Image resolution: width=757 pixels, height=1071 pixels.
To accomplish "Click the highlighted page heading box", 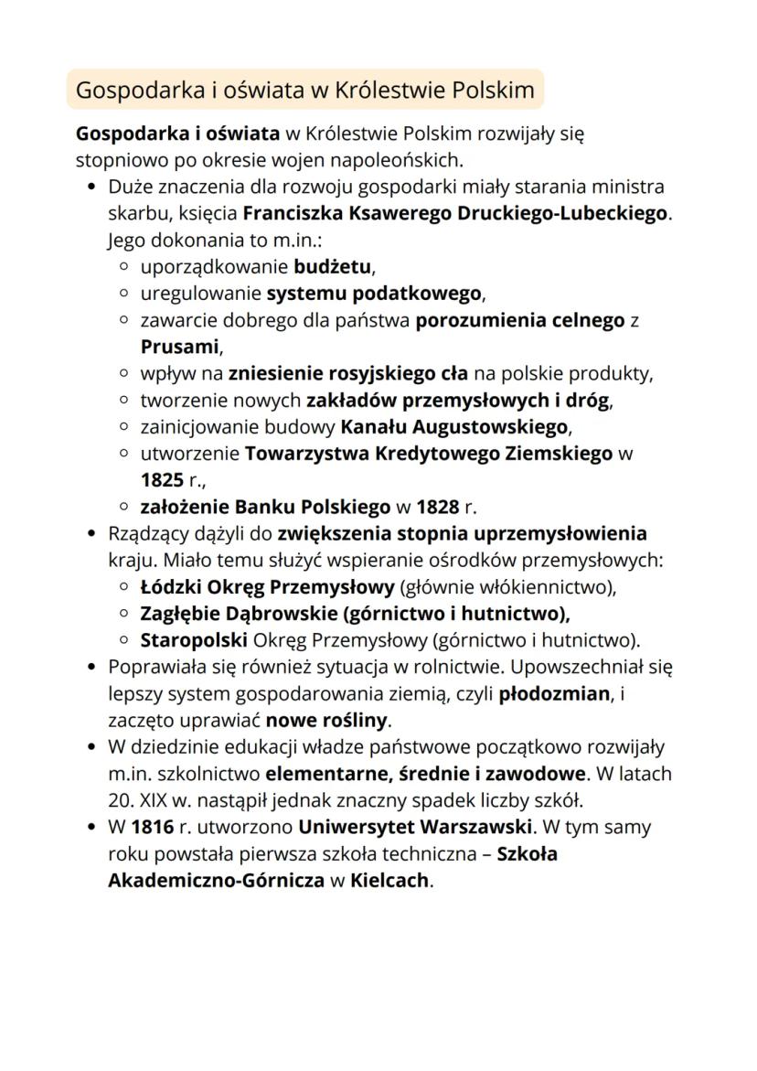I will (304, 90).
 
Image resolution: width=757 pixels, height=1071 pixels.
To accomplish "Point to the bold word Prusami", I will (181, 348).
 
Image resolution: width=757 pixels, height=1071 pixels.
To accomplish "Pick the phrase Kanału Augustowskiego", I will (454, 427).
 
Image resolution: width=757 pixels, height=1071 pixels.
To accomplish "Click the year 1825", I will (162, 479).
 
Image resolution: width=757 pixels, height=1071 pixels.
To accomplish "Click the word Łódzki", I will (169, 586).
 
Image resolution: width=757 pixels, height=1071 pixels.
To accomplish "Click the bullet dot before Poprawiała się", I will (91, 667).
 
